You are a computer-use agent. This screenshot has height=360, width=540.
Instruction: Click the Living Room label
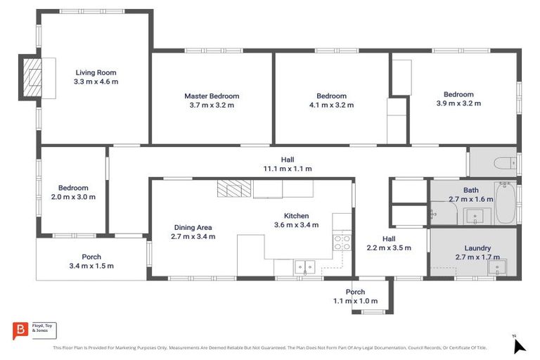tap(96, 72)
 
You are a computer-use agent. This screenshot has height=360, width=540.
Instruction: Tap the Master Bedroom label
tap(212, 96)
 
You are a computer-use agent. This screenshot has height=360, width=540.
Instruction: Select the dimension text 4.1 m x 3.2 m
tap(330, 105)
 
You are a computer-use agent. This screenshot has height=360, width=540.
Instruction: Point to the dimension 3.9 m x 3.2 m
tap(458, 103)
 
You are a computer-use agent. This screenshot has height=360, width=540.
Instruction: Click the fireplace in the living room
tap(32, 76)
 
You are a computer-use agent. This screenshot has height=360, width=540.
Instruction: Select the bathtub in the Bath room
tap(505, 203)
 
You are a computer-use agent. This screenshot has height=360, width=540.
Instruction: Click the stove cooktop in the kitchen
tap(341, 243)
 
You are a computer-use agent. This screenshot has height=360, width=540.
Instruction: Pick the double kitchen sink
tap(304, 266)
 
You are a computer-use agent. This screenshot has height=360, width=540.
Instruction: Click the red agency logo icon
tap(21, 330)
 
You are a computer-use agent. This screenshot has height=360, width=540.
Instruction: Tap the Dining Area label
tap(193, 227)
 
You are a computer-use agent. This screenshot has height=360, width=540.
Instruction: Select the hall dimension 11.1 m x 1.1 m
tap(287, 169)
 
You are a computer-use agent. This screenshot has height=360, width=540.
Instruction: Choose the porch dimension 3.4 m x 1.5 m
tap(91, 266)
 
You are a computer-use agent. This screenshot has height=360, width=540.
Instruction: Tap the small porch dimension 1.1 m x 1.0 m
tap(355, 301)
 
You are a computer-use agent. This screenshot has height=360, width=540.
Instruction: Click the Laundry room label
tap(477, 248)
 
